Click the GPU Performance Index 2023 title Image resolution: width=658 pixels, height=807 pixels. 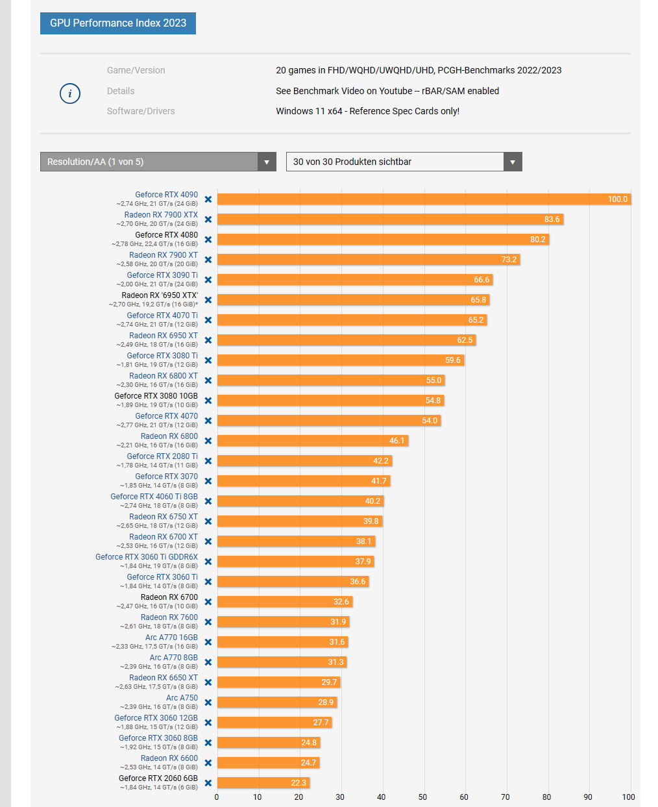pos(118,23)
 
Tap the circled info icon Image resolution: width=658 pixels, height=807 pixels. pos(70,93)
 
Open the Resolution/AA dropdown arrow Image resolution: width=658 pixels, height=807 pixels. pos(266,162)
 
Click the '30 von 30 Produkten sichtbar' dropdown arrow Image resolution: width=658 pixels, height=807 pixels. pos(513,162)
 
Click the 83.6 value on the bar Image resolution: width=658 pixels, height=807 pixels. pos(552,219)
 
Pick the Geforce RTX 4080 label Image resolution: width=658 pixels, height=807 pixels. pos(166,235)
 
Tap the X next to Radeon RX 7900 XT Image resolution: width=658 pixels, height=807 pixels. pos(208,260)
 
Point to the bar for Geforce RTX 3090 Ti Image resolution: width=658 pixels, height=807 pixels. pos(354,280)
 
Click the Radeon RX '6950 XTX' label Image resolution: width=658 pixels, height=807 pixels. pos(160,295)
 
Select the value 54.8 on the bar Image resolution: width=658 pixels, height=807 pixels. pos(433,401)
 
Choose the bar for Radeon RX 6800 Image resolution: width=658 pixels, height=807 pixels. pos(312,441)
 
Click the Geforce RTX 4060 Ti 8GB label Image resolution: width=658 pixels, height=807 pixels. pos(154,497)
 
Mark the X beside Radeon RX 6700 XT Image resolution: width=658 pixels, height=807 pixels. pos(208,541)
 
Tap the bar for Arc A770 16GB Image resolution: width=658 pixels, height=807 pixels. pos(282,642)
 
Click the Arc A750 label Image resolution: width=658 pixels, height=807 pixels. pos(182,698)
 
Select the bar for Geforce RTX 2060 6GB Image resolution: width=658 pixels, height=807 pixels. pos(263,783)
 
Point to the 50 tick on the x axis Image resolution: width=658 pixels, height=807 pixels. pos(423,797)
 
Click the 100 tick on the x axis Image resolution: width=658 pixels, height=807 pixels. pos(628,797)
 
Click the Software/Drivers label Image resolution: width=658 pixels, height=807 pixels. pos(141,111)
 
